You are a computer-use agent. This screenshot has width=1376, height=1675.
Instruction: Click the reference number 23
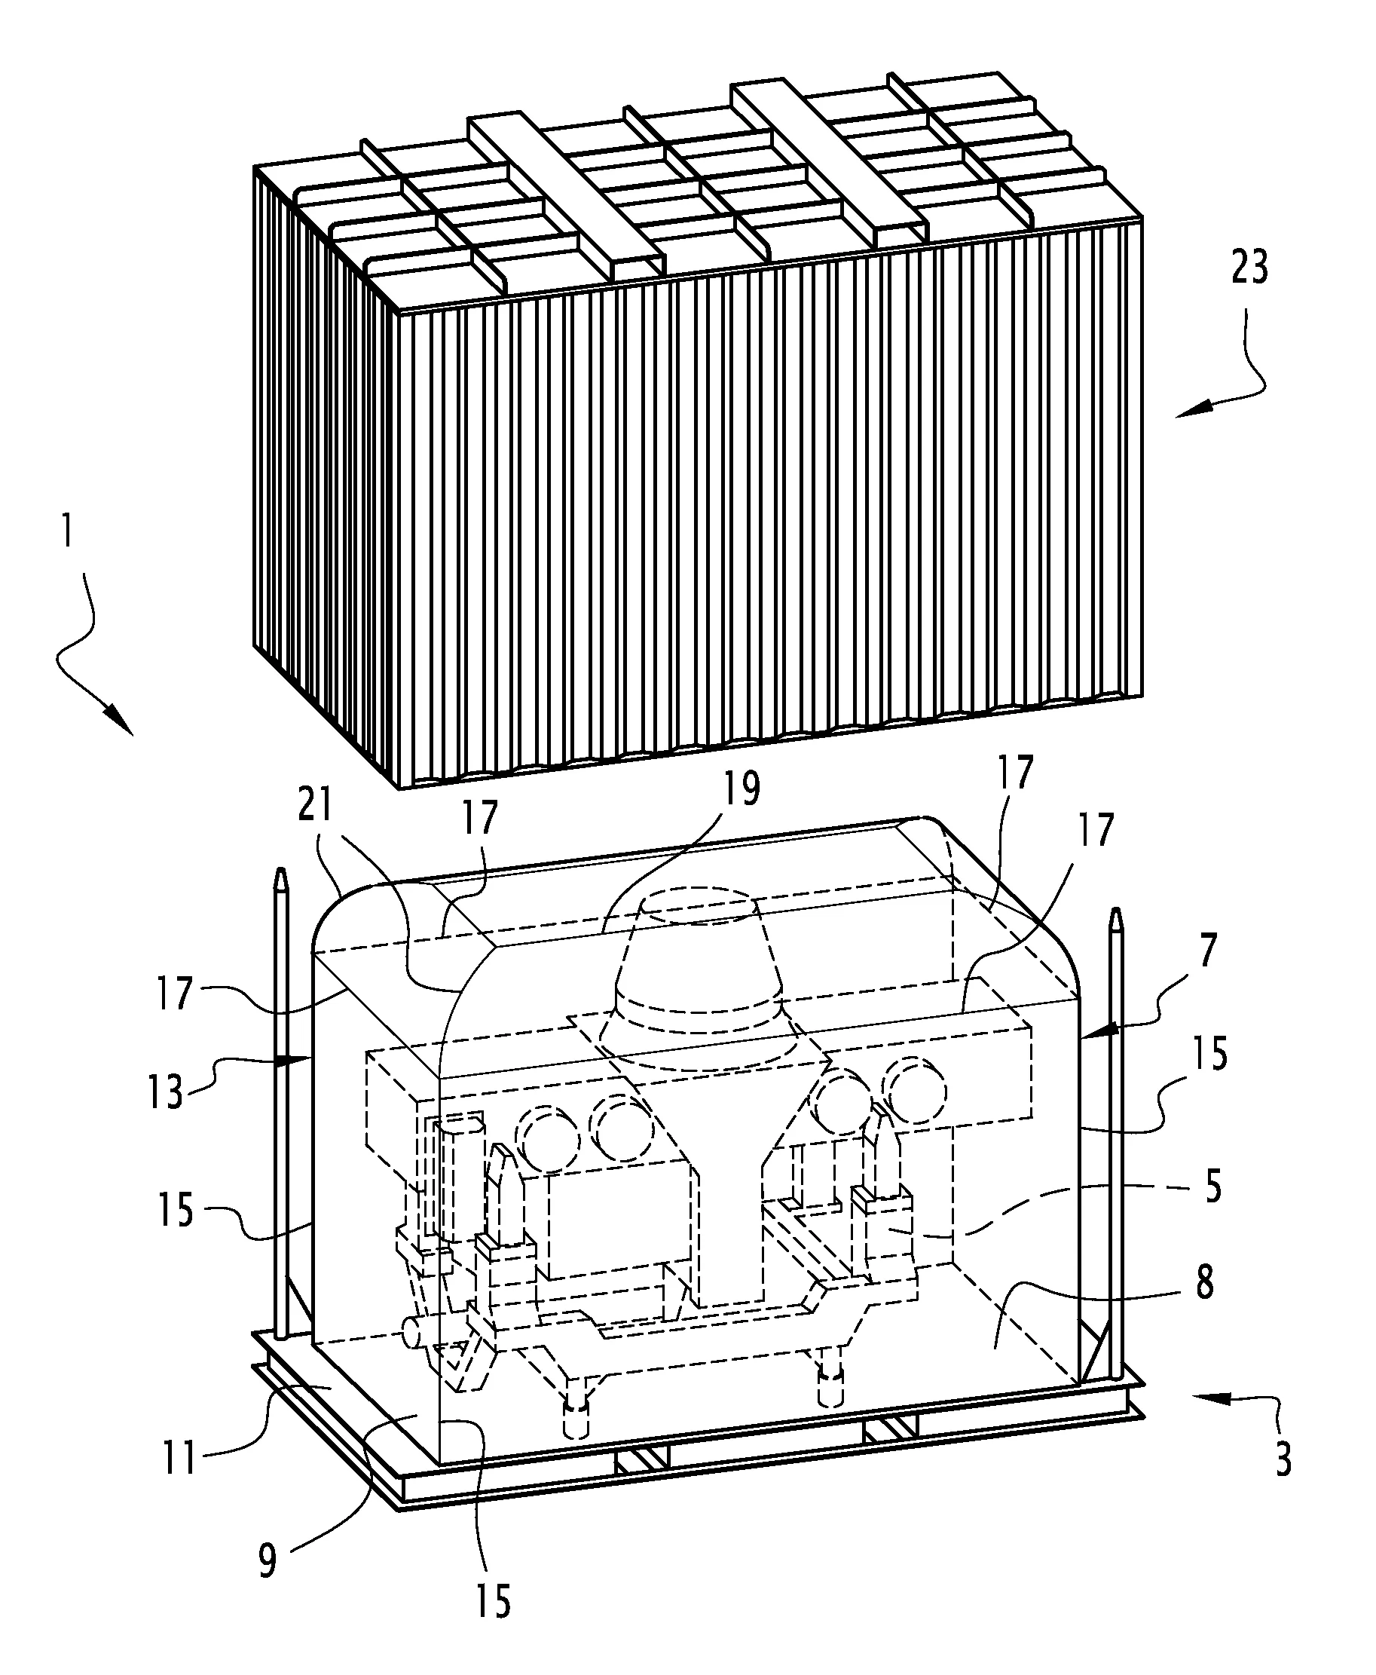pos(1250,268)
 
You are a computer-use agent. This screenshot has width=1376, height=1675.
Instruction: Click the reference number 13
pos(165,1093)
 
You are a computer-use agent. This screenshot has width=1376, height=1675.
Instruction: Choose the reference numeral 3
pos(1283,1457)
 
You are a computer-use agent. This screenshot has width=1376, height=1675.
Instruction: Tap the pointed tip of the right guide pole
pos(1117,910)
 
